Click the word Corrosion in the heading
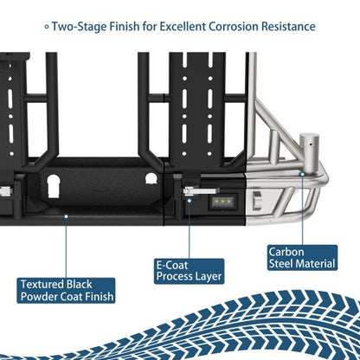pos(234,27)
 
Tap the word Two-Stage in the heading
pos(79,27)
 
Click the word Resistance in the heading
pos(288,27)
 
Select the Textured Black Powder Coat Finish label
pos(66,291)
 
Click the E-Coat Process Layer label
pos(189,271)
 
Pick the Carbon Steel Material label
pos(302,258)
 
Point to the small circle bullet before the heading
pos(47,27)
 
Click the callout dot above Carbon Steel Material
pos(302,174)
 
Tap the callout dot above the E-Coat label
pos(190,201)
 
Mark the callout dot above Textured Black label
pos(66,216)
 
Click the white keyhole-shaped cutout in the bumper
pos(54,186)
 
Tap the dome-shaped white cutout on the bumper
pos(151,178)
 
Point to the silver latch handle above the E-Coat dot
pos(201,191)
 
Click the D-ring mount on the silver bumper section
pos(256,200)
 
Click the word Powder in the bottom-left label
pos(39,297)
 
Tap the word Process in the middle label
pos(174,277)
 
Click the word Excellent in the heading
pos(183,27)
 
